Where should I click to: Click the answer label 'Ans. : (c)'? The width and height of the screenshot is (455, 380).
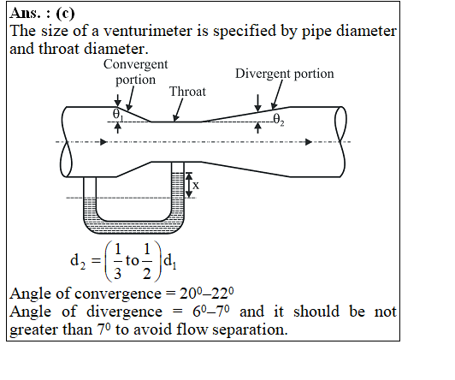pyautogui.click(x=42, y=14)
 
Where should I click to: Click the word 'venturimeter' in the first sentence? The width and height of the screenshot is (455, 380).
pyautogui.click(x=148, y=31)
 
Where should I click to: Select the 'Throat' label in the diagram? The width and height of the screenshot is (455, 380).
pyautogui.click(x=187, y=92)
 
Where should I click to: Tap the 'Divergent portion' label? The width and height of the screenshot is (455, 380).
pyautogui.click(x=284, y=74)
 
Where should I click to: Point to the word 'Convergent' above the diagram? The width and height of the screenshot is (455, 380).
pyautogui.click(x=135, y=64)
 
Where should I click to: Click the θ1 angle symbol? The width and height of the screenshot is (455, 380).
pyautogui.click(x=117, y=115)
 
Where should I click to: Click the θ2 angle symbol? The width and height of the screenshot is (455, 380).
pyautogui.click(x=279, y=119)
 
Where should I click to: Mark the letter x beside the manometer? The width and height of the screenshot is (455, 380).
pyautogui.click(x=196, y=185)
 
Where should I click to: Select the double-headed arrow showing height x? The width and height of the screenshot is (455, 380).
pyautogui.click(x=189, y=185)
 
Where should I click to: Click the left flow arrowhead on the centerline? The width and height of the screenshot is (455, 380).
pyautogui.click(x=103, y=142)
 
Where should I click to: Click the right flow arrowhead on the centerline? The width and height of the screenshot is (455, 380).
pyautogui.click(x=309, y=142)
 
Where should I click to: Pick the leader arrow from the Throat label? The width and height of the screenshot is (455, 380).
pyautogui.click(x=178, y=110)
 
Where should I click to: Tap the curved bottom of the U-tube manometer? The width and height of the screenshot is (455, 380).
pyautogui.click(x=133, y=228)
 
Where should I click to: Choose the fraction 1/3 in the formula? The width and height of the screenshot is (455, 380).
pyautogui.click(x=117, y=261)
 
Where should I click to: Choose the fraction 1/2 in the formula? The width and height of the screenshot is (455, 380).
pyautogui.click(x=147, y=261)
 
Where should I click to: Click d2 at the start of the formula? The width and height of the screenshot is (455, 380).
pyautogui.click(x=78, y=261)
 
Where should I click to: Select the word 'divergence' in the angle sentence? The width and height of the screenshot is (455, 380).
pyautogui.click(x=124, y=312)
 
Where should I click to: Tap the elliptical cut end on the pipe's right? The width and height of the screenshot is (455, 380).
pyautogui.click(x=340, y=142)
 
